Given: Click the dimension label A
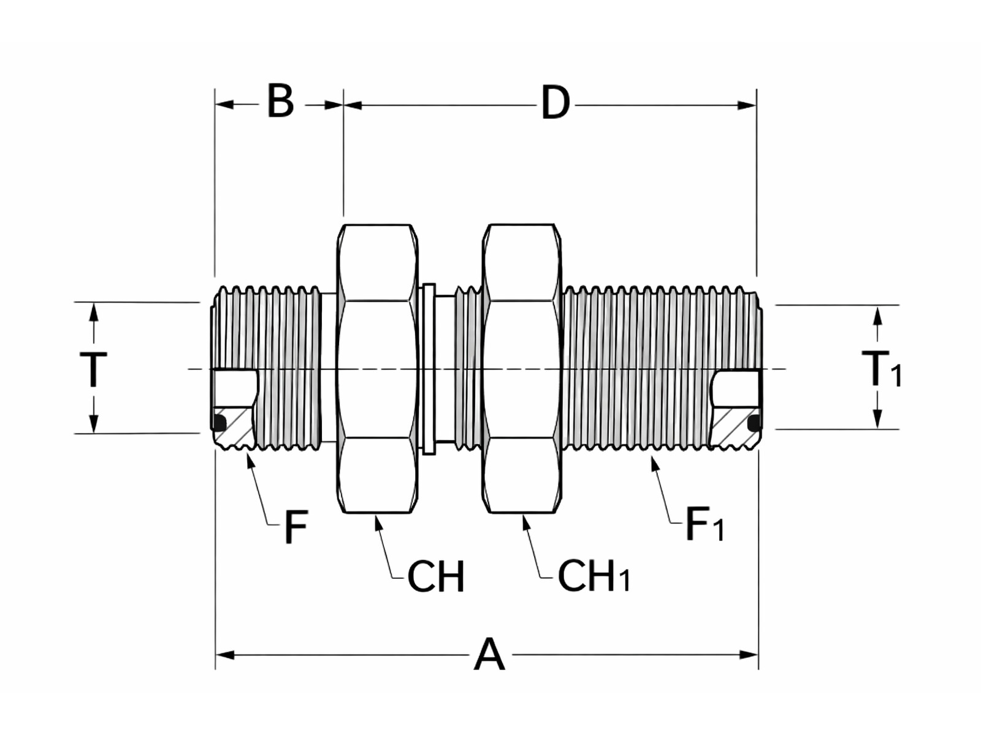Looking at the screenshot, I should click(489, 655).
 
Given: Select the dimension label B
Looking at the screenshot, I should click(280, 102).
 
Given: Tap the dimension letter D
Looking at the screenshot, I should click(555, 104).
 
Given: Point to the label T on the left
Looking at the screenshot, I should click(93, 370).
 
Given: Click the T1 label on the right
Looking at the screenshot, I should click(881, 369).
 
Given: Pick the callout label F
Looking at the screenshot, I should click(296, 527).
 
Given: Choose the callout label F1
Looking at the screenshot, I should click(704, 524).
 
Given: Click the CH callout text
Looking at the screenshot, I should click(436, 576).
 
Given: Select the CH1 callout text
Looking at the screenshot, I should click(594, 576).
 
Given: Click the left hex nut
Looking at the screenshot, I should click(377, 369).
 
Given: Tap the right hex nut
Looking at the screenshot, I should click(522, 369).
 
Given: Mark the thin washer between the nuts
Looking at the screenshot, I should click(429, 369).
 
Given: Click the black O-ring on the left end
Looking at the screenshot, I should click(219, 421).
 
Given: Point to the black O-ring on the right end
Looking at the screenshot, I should click(755, 422).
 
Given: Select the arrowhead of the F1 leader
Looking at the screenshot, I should click(654, 463).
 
